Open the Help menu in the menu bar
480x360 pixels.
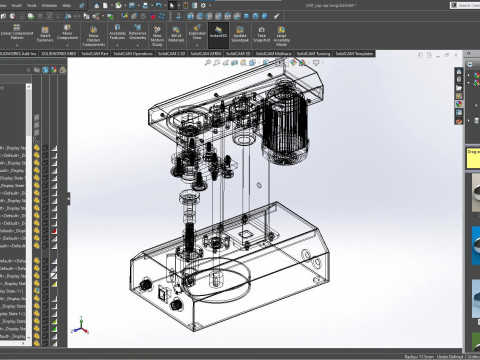coord(65,3)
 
